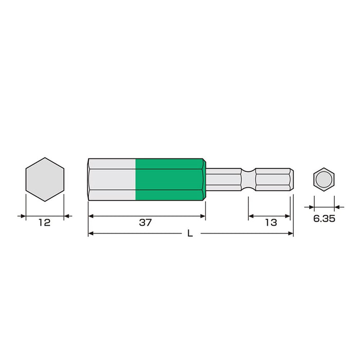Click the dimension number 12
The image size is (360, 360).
(x=44, y=223)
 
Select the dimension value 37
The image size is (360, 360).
(x=146, y=223)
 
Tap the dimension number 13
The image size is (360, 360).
(x=271, y=223)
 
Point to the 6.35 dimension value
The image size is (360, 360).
(x=324, y=219)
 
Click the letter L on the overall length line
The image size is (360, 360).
(x=190, y=233)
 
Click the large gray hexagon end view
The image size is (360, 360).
(x=45, y=179)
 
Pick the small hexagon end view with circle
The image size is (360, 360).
(x=323, y=179)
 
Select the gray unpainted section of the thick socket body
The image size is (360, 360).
(x=112, y=179)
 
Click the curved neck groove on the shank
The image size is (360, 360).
(x=248, y=179)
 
